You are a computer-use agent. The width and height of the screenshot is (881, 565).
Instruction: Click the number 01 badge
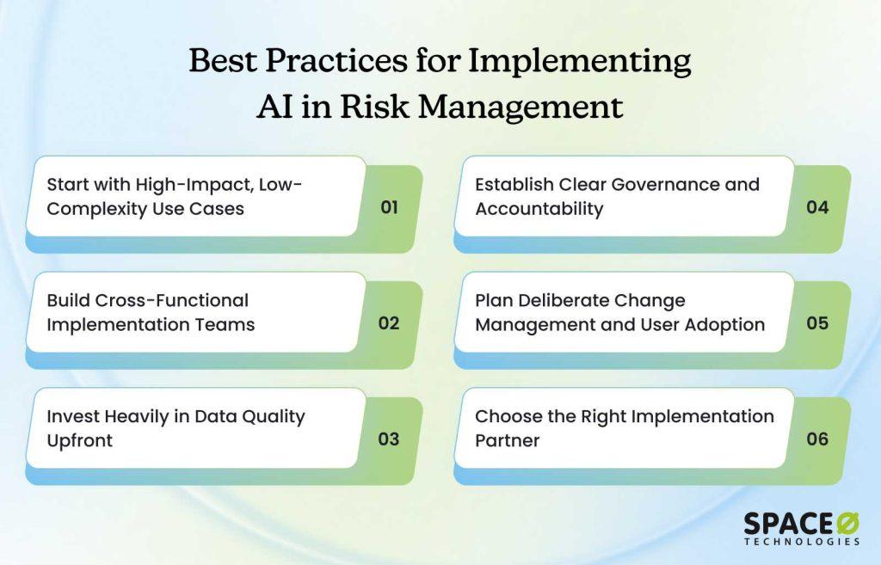390,207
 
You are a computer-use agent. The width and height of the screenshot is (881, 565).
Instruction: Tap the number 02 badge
389,323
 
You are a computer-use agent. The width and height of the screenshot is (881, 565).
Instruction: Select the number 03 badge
389,439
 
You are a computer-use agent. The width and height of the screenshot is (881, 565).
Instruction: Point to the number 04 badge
817,207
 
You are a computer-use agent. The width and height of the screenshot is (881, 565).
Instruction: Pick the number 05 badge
817,323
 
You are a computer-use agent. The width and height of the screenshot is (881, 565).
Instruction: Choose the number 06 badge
817,439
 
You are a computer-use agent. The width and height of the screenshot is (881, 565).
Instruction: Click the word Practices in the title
336,60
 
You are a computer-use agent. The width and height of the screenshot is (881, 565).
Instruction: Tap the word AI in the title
274,106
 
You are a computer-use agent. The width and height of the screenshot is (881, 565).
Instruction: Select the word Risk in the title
374,106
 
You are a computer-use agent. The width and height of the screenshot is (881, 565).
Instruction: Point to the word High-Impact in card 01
194,185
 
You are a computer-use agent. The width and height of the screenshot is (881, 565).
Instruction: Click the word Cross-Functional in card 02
172,300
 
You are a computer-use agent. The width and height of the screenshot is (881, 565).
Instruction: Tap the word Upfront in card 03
80,441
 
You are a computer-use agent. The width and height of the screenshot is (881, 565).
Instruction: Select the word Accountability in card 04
539,210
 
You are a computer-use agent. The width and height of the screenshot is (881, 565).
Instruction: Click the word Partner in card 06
508,440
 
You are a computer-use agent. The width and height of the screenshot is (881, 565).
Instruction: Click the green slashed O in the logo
847,524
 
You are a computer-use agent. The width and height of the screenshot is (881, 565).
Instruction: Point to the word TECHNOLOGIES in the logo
803,542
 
